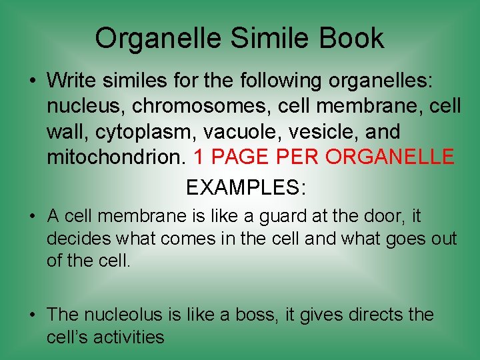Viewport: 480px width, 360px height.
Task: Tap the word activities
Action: (x=127, y=337)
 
